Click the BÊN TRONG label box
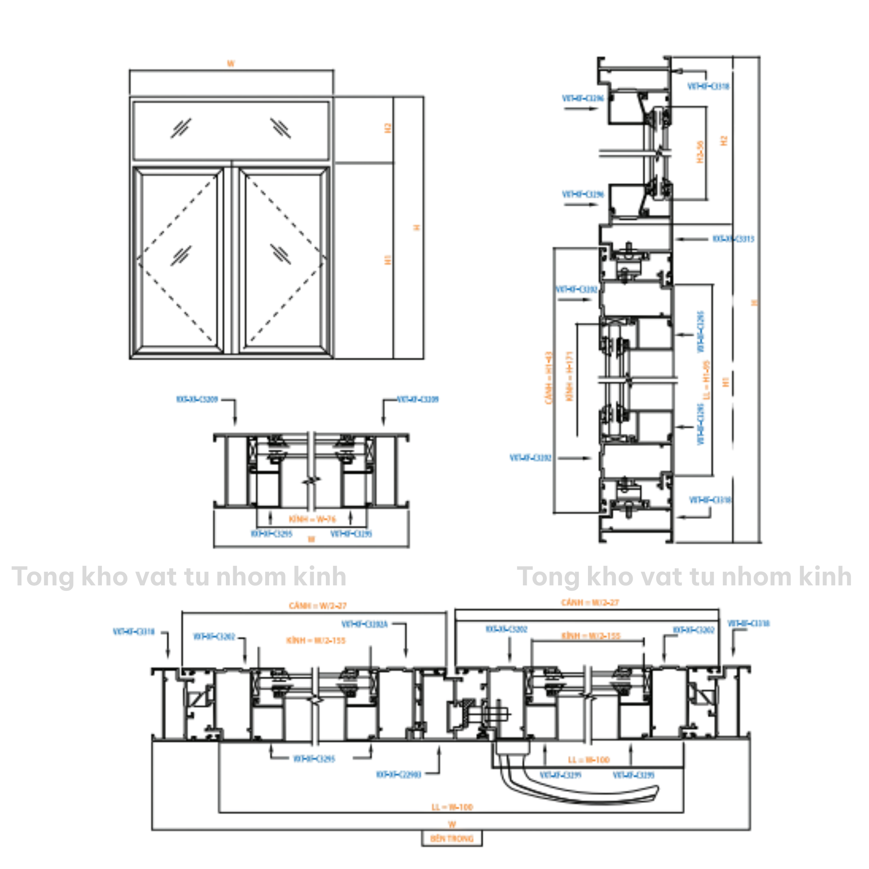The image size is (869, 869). (x=452, y=838)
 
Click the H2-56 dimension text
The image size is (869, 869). (x=700, y=152)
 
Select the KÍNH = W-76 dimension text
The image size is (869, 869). (x=312, y=519)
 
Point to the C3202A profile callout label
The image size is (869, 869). (x=364, y=624)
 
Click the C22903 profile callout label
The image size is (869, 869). (x=399, y=774)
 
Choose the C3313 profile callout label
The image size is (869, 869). (x=733, y=239)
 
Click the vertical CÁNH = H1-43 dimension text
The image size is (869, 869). (x=548, y=378)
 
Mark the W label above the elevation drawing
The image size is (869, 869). (x=231, y=64)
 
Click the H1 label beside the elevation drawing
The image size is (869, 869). (x=388, y=260)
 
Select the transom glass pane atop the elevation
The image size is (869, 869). (x=231, y=130)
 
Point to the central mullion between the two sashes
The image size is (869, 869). (x=231, y=261)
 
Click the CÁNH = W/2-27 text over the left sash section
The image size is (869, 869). (x=318, y=606)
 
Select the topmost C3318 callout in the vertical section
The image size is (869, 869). (x=708, y=86)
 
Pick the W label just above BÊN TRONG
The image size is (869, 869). (x=452, y=824)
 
